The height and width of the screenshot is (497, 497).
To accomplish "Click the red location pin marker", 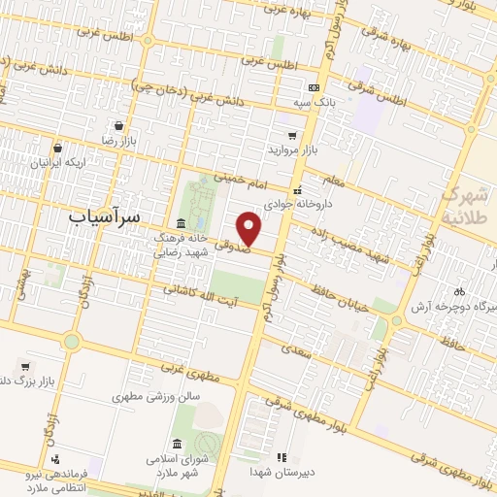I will pos(249,227).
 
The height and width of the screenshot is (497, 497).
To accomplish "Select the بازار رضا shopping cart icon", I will pos(118,125).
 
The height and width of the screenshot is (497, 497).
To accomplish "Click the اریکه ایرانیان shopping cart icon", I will pos(58,149).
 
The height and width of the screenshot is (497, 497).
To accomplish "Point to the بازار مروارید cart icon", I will pos(292,136).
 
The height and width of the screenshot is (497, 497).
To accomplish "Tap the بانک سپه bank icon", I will pos(313,87).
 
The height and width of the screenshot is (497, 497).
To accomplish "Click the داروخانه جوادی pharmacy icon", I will pos(299,190).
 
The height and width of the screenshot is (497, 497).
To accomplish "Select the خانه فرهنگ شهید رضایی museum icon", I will pos(182,223).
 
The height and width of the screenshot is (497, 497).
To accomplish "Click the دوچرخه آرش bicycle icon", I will pos(459,290).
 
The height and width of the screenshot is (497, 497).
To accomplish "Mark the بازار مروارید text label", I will pos(293,151).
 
